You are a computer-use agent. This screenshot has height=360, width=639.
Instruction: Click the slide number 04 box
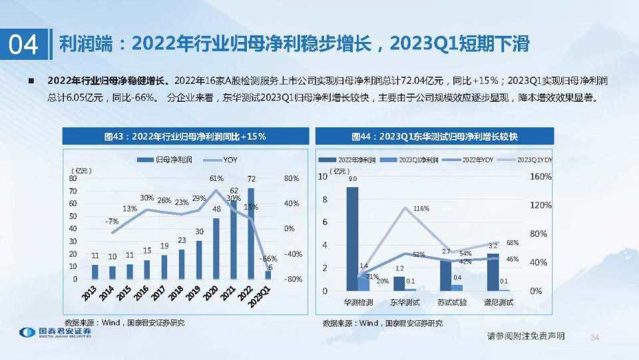[x=23, y=44]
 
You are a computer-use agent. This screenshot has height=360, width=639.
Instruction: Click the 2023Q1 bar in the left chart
[x=268, y=274]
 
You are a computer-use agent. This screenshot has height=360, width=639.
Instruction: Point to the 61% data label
[x=216, y=179]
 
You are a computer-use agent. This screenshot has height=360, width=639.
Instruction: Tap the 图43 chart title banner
[x=186, y=136]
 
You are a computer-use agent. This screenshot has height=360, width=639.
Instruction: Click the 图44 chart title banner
[x=435, y=136]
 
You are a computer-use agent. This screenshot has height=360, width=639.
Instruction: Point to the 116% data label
[x=421, y=209]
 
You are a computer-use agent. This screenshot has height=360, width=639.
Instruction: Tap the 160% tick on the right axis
[x=540, y=177]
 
